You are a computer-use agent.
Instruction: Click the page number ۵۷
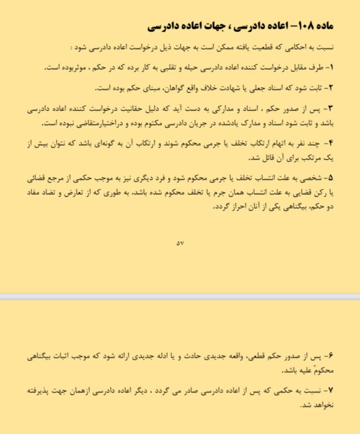coord(180,243)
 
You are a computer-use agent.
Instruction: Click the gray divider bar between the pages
coord(180,297)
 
